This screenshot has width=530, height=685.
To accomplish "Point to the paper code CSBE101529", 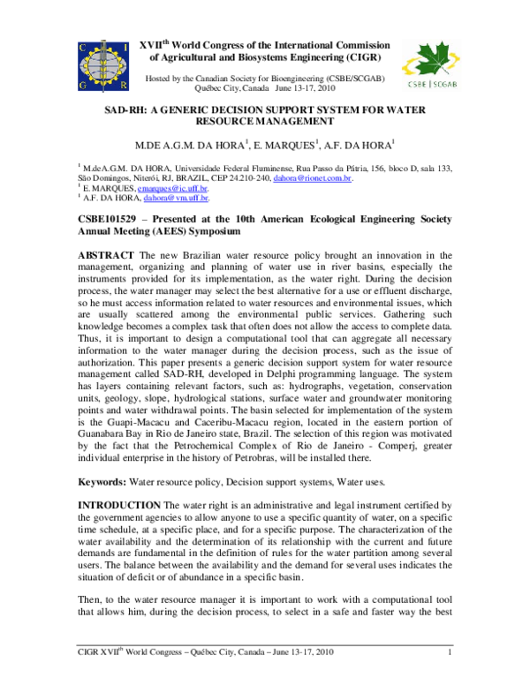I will click(x=112, y=218).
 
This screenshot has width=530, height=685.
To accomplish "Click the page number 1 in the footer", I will click(x=450, y=678).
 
